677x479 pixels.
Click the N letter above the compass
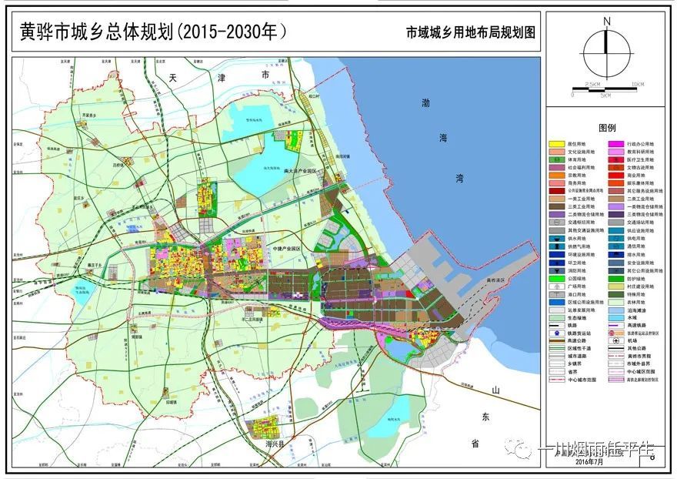606,21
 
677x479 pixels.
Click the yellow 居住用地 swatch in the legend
557,144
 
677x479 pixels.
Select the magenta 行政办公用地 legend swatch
615,144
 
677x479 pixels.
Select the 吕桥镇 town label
117,164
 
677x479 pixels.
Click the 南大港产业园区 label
300,171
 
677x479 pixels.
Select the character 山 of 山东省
496,392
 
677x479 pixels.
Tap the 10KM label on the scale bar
638,83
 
